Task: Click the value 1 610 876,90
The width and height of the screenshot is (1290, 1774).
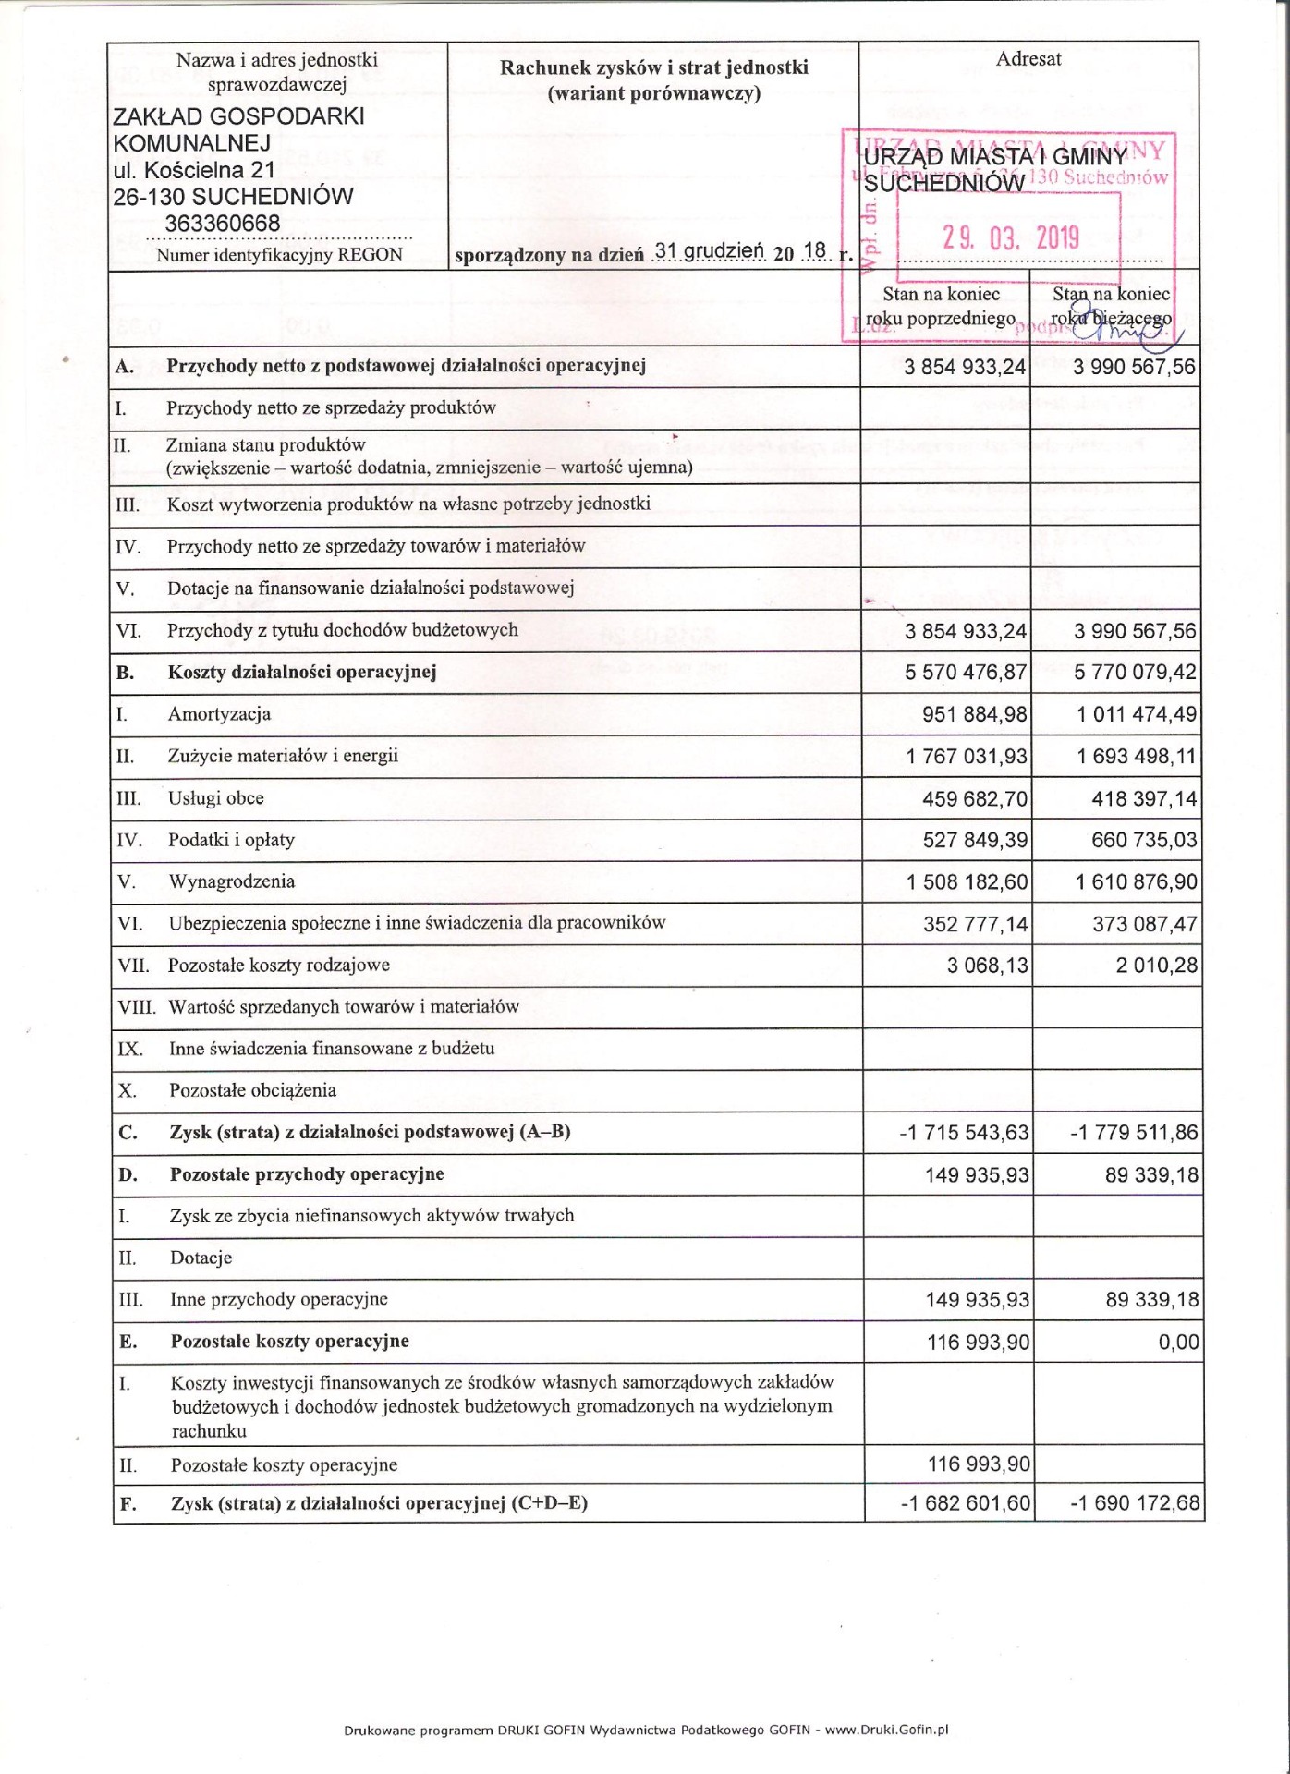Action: point(1136,882)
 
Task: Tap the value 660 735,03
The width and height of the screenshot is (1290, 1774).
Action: point(1143,841)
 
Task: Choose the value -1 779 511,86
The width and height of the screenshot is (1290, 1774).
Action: point(1134,1133)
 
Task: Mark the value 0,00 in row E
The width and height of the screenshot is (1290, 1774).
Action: point(1178,1343)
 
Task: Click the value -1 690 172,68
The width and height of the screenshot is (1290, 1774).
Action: point(1135,1504)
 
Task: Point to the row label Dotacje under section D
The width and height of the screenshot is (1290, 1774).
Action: point(201,1258)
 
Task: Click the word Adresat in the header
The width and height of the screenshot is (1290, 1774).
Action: point(1028,59)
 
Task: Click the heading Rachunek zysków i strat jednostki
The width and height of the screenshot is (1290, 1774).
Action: point(653,67)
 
